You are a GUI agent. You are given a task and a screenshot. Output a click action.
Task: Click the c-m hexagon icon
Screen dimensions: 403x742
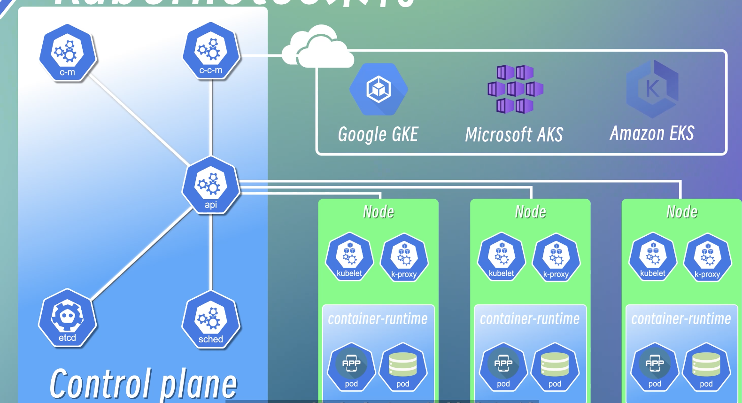(x=68, y=53)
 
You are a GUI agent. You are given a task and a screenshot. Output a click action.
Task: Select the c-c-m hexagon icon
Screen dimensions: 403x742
(x=211, y=51)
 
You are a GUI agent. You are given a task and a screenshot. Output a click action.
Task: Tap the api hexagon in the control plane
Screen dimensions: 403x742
(x=211, y=186)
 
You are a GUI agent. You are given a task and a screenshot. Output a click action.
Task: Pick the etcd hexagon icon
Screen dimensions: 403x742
(x=67, y=318)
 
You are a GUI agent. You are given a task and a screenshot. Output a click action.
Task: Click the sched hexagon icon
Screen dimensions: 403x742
(x=211, y=319)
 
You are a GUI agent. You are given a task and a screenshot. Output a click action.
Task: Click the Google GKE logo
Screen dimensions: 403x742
(x=379, y=89)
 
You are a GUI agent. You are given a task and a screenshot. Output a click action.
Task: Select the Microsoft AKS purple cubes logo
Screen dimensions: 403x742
(x=515, y=89)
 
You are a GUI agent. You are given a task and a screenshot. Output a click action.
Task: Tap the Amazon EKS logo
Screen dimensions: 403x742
(x=652, y=89)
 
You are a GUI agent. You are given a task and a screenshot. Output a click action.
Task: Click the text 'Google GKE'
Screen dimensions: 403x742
(x=378, y=134)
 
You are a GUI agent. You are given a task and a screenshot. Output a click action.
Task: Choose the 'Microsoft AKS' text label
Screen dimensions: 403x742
(x=514, y=135)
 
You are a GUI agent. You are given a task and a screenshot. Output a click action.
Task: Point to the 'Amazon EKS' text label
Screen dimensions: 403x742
(x=652, y=133)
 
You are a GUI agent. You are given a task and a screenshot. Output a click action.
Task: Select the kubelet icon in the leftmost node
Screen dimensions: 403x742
(x=349, y=257)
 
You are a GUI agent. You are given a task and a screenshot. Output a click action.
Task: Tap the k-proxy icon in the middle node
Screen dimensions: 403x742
(x=556, y=258)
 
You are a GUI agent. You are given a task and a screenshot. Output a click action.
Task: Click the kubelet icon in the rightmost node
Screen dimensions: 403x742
(x=653, y=257)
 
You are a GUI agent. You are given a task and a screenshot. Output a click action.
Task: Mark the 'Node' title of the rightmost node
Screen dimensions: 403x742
(x=682, y=212)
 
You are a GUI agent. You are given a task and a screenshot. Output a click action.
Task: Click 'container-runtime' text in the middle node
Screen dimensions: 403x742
(x=530, y=319)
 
